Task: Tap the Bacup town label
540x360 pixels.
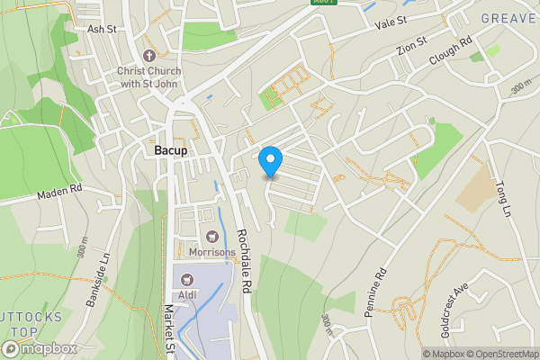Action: pyautogui.click(x=170, y=150)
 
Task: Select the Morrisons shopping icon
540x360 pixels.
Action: pyautogui.click(x=212, y=237)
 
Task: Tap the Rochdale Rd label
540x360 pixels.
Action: pyautogui.click(x=243, y=262)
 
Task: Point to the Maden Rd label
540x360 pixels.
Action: pyautogui.click(x=59, y=193)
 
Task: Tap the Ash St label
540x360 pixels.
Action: pyautogui.click(x=102, y=29)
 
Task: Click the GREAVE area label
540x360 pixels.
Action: pyautogui.click(x=509, y=18)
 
